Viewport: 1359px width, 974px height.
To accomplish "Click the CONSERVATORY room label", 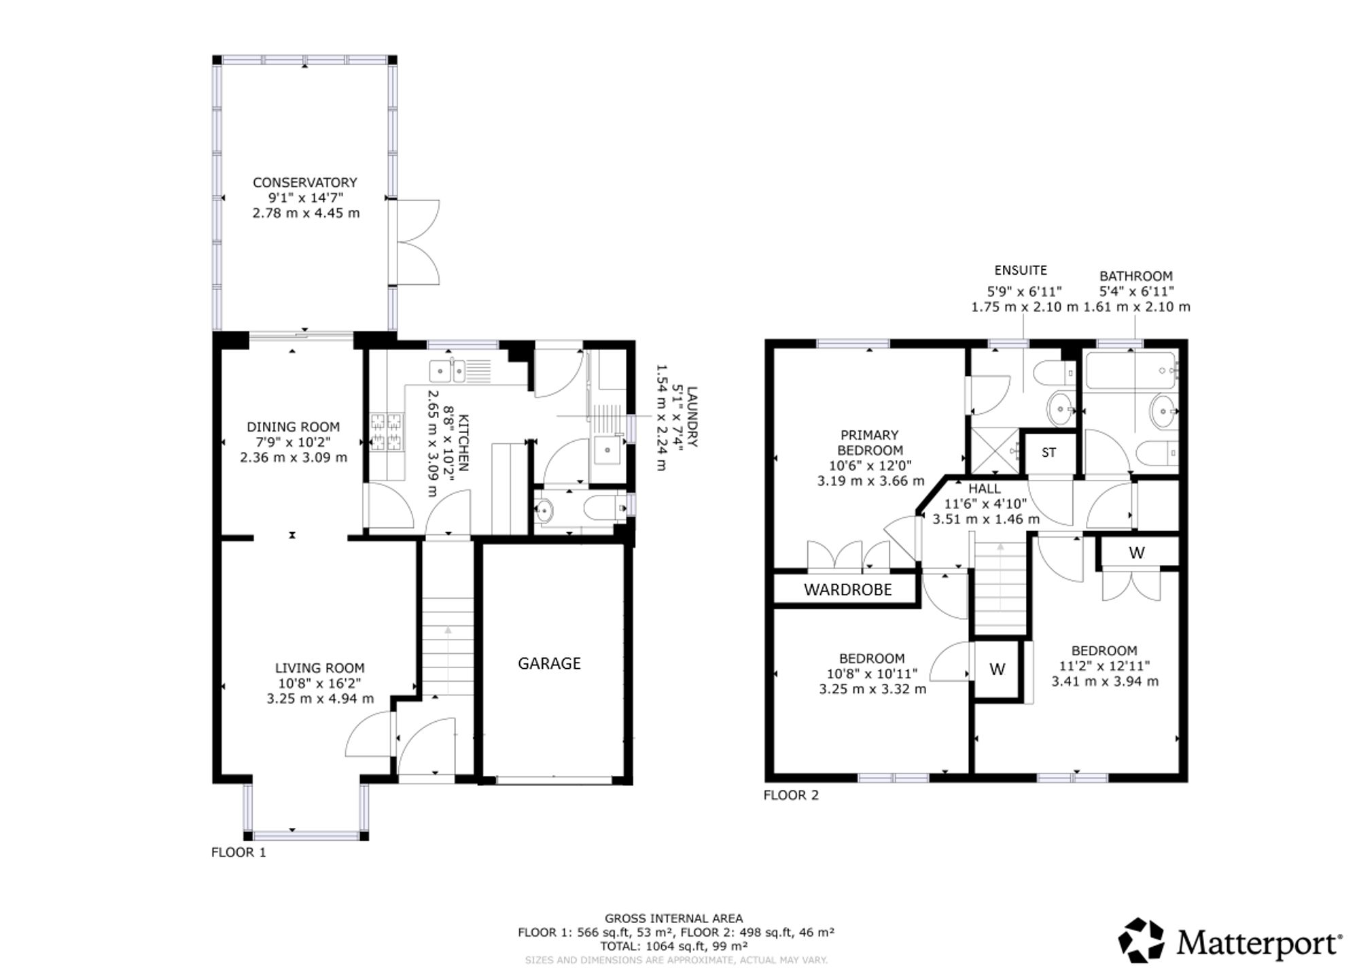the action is pos(304,182).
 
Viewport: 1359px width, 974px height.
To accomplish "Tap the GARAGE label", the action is pos(549,663).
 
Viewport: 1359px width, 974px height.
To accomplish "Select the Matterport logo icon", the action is pos(1142,940).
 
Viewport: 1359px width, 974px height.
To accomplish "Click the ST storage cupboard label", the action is pos(1048,452).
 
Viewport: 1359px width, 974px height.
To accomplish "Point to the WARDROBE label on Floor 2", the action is pos(847,589).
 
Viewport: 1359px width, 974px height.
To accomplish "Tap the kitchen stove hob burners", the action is pos(386,433).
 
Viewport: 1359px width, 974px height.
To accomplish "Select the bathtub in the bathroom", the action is pos(1129,371).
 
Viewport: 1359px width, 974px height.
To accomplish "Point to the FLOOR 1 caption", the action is pos(239,852).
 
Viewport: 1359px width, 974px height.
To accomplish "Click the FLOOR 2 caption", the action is pos(791,795).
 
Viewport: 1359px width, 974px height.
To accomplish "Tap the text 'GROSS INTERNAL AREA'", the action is pos(674,919).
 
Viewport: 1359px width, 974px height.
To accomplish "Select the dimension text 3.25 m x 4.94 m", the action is pos(320,698).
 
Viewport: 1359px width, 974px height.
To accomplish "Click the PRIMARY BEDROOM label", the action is pos(870,442).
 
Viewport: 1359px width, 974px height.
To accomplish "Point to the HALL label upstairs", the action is pos(985,489).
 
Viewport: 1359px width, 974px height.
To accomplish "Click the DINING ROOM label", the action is pos(293,427).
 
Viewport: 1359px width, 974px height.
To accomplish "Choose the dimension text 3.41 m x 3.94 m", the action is pos(1105,681).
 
